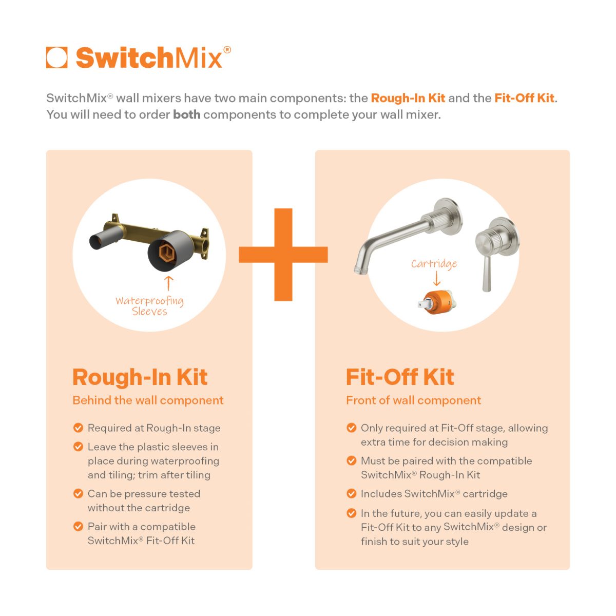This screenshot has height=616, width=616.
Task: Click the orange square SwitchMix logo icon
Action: coord(56,57)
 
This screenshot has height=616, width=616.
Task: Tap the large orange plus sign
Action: coord(283,254)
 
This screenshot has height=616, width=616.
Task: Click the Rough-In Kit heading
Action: coord(140,377)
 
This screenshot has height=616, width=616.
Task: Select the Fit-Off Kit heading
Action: coord(400,377)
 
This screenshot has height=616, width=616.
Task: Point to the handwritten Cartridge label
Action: coord(434,264)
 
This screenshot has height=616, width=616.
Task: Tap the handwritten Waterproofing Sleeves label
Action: coord(149,306)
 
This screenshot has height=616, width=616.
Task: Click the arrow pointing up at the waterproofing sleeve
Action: coord(169,283)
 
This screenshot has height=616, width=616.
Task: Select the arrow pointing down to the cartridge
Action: coord(436,279)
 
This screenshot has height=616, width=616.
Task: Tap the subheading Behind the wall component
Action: coord(148,400)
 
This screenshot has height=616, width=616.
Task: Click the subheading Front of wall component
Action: coord(413,400)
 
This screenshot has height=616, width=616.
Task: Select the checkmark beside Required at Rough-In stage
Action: coord(79,428)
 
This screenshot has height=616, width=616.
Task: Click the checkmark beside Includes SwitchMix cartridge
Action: coord(352,494)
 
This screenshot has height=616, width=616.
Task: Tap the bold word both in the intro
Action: coord(186,114)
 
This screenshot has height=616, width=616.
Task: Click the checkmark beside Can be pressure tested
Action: coord(79,494)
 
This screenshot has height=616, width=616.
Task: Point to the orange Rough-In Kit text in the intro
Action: coord(408,98)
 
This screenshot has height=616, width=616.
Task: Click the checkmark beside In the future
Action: coord(352,513)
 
